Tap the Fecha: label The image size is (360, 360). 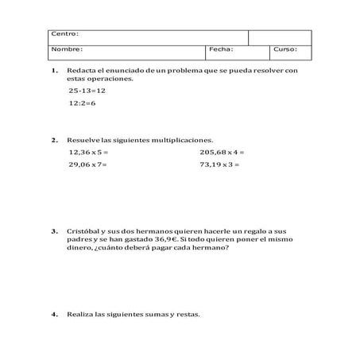(x=220, y=49)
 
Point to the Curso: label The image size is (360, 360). (x=285, y=49)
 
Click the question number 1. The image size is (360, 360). (x=54, y=71)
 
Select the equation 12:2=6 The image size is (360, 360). (x=82, y=103)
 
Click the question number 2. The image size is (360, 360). (x=54, y=139)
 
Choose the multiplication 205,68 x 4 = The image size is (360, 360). (x=222, y=151)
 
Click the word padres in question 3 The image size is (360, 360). (x=79, y=239)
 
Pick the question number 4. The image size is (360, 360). (x=54, y=314)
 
